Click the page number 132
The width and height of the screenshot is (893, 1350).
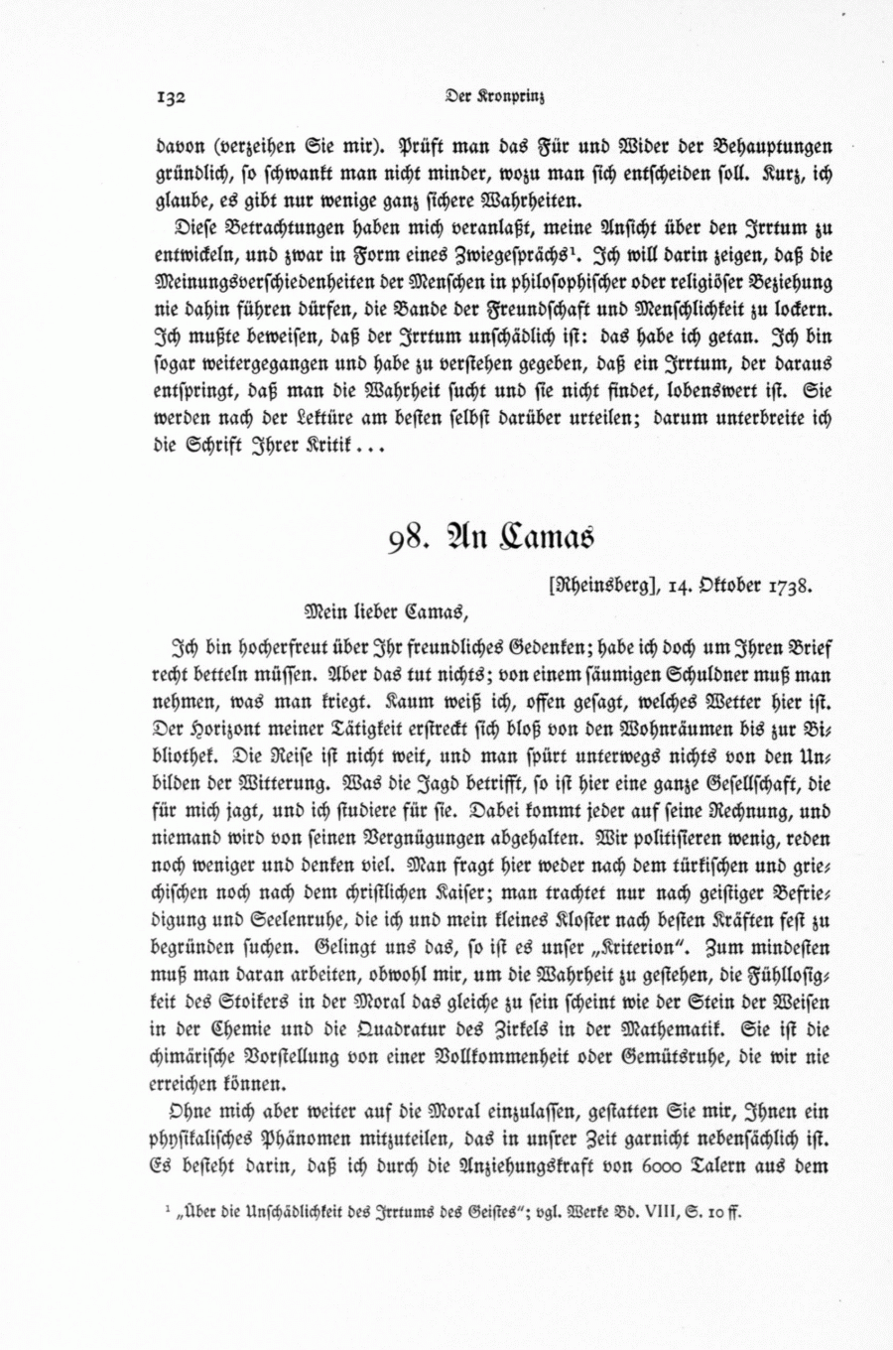[173, 97]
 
